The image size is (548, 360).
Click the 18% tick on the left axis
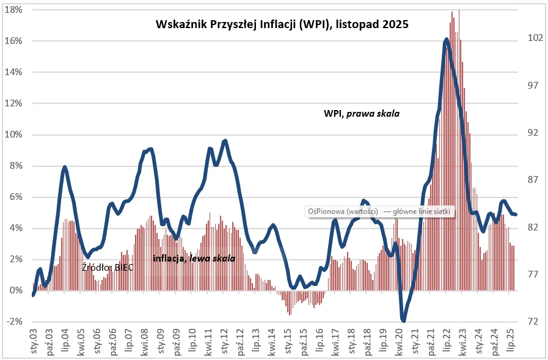[x=14, y=10]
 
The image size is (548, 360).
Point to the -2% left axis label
[x=14, y=321]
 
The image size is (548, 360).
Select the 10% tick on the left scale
[x=14, y=134]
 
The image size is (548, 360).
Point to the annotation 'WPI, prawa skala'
[x=361, y=114]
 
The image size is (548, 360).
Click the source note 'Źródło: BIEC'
[x=108, y=267]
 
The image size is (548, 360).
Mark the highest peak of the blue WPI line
[x=447, y=40]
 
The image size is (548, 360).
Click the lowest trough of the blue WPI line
[x=403, y=319]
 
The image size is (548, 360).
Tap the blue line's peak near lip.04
[x=65, y=167]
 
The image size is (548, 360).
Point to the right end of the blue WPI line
[x=516, y=215]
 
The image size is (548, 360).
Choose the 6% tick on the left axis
[x=14, y=197]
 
